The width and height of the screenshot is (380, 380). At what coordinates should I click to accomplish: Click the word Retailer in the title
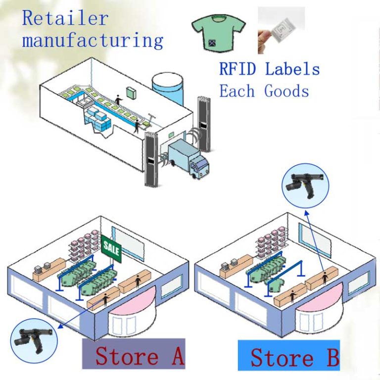[x=65, y=18]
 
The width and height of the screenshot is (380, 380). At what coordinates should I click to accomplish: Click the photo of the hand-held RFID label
[x=281, y=31]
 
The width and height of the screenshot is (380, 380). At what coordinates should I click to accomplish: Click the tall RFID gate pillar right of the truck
[x=203, y=124]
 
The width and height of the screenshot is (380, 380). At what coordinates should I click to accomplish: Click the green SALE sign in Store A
[x=111, y=249]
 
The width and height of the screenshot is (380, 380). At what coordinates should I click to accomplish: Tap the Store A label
[x=134, y=354]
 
